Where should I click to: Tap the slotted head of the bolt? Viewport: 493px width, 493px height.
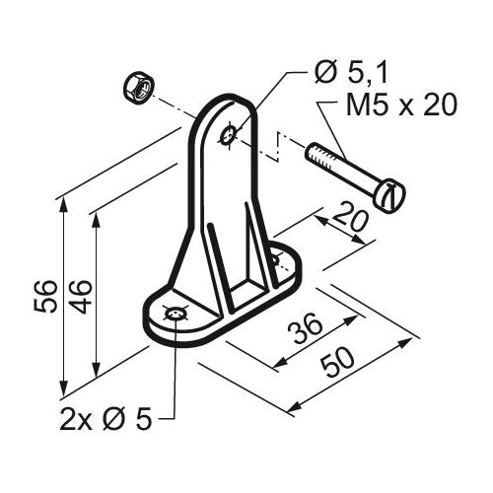390,196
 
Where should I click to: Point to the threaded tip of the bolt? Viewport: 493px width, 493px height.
312,153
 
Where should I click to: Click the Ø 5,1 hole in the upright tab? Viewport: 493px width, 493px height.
228,135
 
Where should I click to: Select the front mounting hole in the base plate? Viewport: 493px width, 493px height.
176,315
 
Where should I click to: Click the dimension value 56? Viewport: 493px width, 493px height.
45,296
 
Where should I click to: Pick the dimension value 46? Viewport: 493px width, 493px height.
80,296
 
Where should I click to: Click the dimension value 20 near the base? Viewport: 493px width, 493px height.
349,217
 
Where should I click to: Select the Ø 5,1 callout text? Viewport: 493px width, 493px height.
350,74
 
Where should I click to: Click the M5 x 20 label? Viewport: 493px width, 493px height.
401,106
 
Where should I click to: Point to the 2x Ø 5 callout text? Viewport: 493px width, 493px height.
106,420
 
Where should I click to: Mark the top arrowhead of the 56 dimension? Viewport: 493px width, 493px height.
63,205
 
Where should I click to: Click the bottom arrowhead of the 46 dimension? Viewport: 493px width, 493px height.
96,370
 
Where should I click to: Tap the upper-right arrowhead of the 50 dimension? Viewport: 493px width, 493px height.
405,342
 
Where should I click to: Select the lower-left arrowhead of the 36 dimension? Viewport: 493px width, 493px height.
280,363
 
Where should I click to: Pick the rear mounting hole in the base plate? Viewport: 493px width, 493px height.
275,260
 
